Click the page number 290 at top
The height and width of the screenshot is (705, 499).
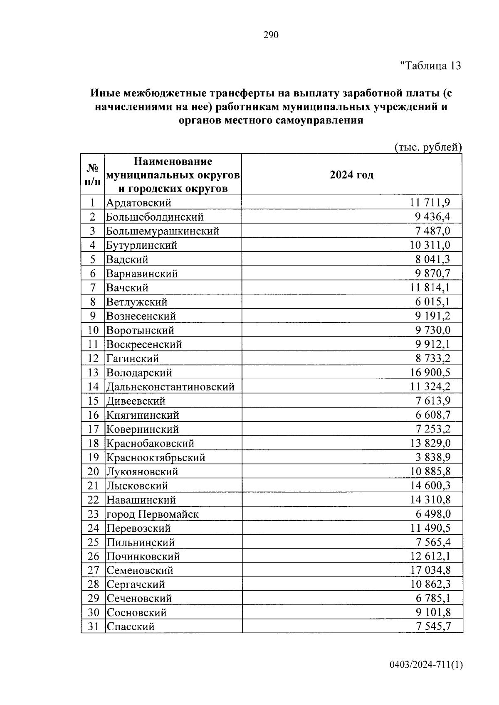click(x=271, y=35)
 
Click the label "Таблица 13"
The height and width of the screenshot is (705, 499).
click(x=430, y=66)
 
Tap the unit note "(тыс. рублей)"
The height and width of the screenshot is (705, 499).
click(x=427, y=147)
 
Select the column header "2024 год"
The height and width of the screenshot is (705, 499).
click(x=351, y=175)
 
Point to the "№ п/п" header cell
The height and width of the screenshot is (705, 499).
click(x=93, y=175)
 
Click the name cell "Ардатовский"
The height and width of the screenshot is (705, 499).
click(x=139, y=203)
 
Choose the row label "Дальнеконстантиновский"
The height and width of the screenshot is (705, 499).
click(x=170, y=387)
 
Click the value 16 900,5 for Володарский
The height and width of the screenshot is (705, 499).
click(x=430, y=373)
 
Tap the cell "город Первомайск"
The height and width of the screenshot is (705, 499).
click(x=153, y=514)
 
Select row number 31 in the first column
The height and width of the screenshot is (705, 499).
click(x=93, y=626)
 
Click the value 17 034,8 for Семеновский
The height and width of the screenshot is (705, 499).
click(x=430, y=570)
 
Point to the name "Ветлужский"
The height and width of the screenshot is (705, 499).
click(x=137, y=302)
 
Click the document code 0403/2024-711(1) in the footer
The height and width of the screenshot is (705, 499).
click(x=425, y=665)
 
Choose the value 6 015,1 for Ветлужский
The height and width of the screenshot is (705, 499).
click(x=432, y=302)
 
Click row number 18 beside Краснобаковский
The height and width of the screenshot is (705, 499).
click(x=93, y=443)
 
